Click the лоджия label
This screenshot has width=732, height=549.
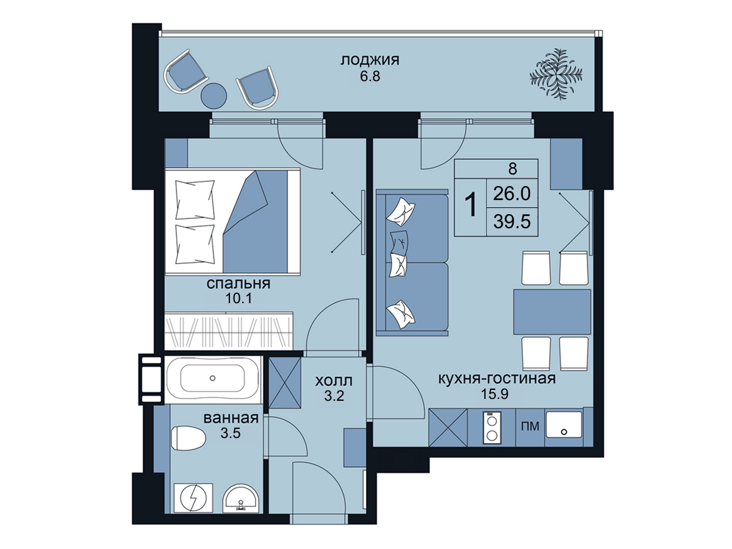370,61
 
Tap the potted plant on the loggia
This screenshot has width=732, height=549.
556,74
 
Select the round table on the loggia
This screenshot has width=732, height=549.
213,96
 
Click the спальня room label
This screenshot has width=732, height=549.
238,284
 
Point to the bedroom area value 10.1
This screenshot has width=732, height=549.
239,299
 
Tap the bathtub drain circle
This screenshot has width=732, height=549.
212,378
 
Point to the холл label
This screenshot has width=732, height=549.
334,381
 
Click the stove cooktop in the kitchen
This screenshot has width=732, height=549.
492,428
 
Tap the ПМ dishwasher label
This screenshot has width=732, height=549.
530,426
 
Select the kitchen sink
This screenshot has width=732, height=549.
564,425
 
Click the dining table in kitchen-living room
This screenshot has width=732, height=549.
552,312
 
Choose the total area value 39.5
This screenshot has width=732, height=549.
512,221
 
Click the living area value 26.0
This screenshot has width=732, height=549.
512,193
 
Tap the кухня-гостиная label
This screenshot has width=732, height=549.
497,379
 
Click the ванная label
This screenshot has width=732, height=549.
231,418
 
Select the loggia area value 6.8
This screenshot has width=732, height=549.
370,77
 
